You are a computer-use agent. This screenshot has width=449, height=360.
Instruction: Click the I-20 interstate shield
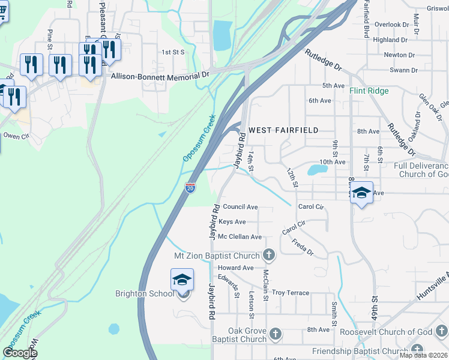(x=190, y=188)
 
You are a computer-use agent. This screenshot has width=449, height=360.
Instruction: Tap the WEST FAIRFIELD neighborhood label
(x=283, y=130)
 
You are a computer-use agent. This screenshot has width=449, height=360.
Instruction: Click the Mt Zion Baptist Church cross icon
(x=269, y=255)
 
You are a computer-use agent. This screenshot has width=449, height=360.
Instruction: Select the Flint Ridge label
(x=369, y=91)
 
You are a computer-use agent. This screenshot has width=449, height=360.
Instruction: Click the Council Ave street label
(x=240, y=207)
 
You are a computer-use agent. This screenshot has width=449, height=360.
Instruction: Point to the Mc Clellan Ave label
(x=240, y=237)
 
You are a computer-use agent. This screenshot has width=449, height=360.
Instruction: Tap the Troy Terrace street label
(x=291, y=293)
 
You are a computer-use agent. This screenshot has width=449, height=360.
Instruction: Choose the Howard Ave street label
(x=236, y=268)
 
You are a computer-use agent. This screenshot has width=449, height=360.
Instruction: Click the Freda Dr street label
(x=303, y=247)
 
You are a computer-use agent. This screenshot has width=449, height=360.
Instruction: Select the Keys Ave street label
(x=232, y=222)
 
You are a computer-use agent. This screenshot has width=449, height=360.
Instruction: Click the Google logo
(x=20, y=352)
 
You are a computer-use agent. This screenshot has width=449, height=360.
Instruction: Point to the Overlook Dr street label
(x=391, y=25)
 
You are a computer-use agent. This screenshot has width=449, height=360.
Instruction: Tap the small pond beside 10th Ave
(x=316, y=169)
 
